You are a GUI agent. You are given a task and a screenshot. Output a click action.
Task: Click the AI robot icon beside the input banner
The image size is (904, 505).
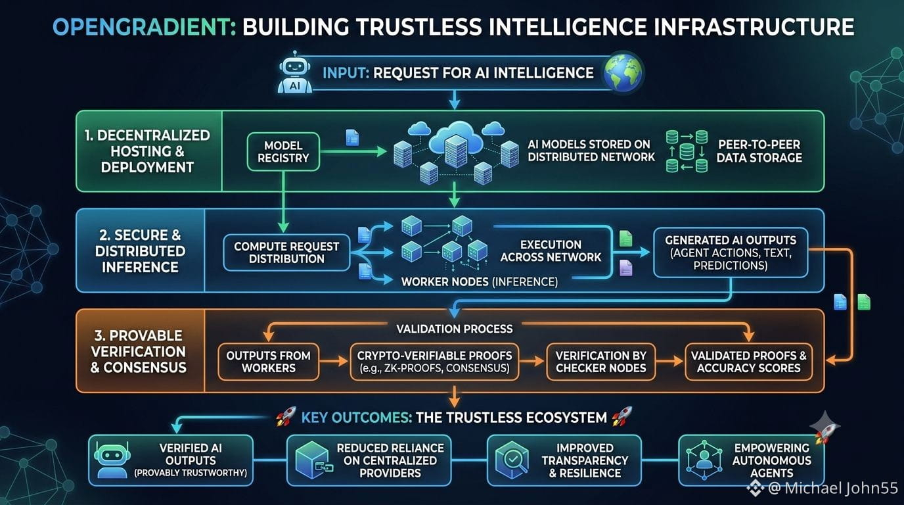pos(295,73)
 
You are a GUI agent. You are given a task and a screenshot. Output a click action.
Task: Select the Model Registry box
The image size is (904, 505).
pos(283,151)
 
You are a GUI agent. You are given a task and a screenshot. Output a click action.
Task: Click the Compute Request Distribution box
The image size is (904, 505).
pos(286,252)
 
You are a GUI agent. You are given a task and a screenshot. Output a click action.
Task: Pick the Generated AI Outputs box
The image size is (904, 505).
pos(731,252)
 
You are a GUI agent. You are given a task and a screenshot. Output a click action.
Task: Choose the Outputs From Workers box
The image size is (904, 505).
pos(268,362)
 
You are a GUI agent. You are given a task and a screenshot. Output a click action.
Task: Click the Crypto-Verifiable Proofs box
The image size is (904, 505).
pos(434,362)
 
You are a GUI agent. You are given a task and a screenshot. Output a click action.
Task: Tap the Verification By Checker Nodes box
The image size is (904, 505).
pos(601,362)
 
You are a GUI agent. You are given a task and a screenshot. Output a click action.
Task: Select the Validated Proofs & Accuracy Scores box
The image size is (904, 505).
pos(749,362)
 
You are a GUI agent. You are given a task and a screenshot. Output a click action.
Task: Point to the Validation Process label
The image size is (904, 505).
pos(455,329)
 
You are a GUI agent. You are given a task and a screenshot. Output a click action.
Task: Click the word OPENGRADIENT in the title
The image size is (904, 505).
pos(144,27)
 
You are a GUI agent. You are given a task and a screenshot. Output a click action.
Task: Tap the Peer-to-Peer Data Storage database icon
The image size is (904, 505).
pos(687,151)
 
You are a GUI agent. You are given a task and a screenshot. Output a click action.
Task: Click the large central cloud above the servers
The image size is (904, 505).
pos(456,137)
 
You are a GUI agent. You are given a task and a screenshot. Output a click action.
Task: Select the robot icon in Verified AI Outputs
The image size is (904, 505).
pos(112,460)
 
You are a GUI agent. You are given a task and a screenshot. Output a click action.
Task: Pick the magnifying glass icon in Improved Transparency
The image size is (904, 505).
pos(512,460)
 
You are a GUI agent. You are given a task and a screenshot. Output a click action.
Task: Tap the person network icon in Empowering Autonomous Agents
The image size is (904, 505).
pos(704,460)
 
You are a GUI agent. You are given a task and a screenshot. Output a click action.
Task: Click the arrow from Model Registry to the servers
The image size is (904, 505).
pos(353,151)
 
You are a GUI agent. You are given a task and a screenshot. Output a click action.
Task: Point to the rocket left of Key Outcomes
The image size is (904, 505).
pos(286,416)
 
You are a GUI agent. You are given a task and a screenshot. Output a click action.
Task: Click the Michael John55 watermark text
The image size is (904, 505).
pos(832,488)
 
